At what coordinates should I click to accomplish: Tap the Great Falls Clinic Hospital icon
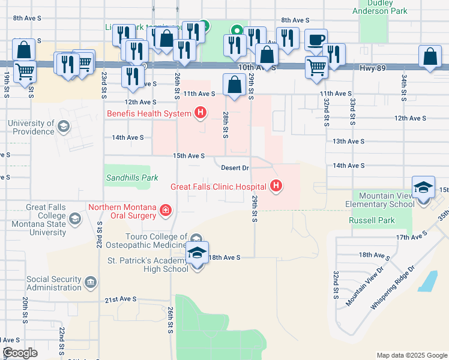[x=276, y=187]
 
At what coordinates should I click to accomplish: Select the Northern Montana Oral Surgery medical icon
[x=165, y=210]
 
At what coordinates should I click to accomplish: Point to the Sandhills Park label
[x=131, y=178]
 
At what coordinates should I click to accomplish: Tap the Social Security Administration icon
[x=90, y=281]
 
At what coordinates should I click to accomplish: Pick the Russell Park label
[x=372, y=220]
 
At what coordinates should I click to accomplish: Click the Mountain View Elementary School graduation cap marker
[x=423, y=187]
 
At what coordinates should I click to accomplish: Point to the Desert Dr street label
[x=235, y=167]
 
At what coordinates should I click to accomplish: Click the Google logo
[x=20, y=353]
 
